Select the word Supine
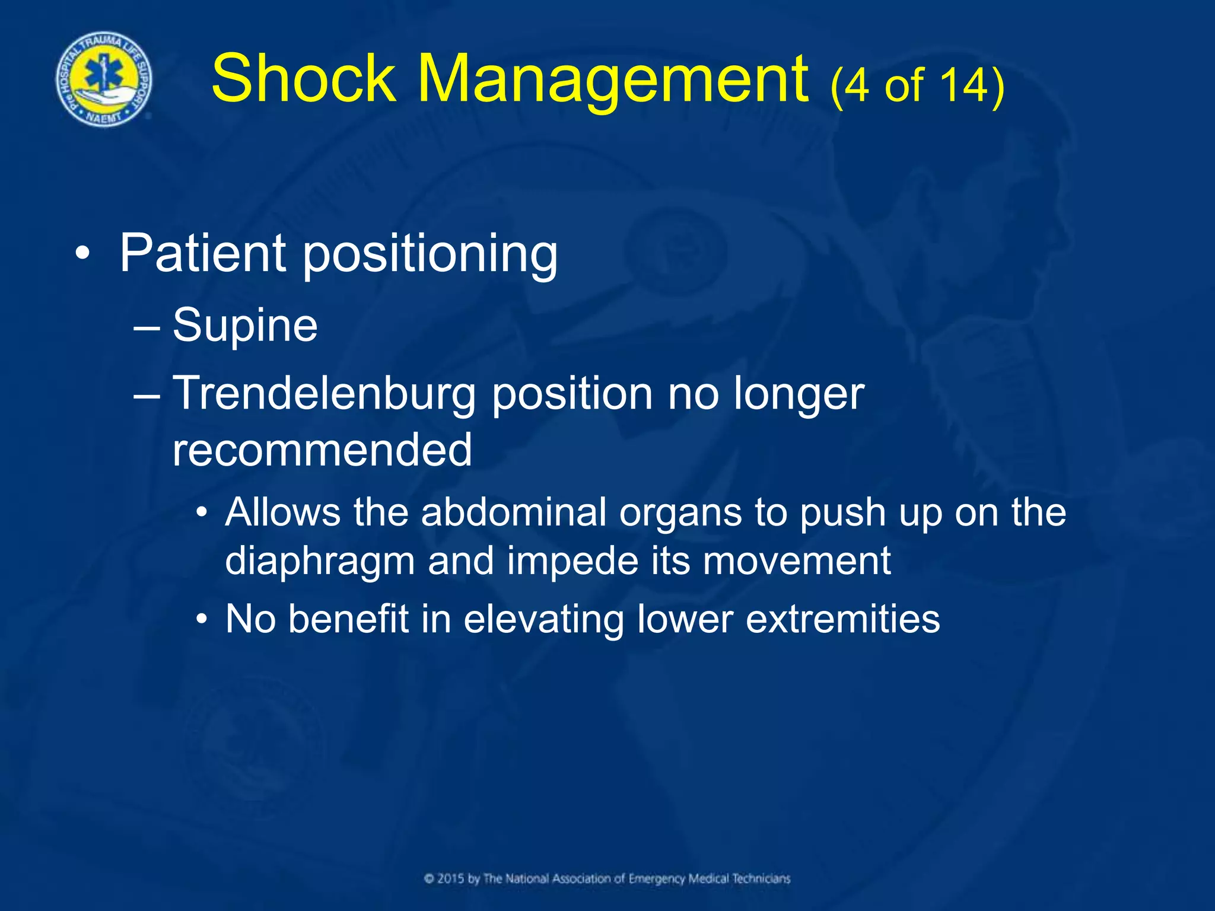point(245,326)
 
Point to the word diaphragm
point(319,562)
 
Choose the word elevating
point(543,620)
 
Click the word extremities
point(842,619)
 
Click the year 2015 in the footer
point(451,878)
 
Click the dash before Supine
point(147,327)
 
